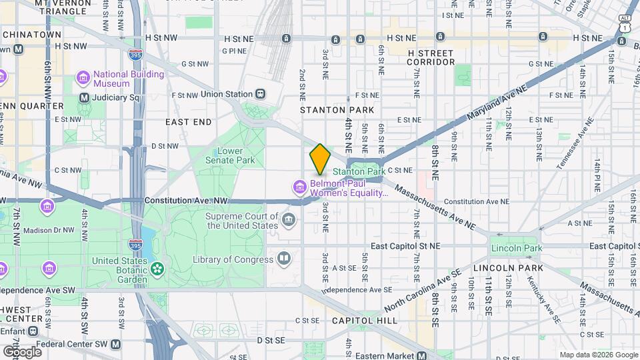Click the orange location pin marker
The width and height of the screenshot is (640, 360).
320,159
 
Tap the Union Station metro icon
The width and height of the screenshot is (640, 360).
260,95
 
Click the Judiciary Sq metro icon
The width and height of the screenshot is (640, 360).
84,98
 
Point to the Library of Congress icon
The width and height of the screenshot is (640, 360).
284,259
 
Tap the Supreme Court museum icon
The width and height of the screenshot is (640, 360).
288,220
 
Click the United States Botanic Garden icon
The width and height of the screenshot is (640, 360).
157,269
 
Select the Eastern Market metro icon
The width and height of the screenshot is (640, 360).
422,356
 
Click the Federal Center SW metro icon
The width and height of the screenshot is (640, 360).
116,345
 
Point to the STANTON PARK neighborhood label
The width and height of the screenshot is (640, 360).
337,109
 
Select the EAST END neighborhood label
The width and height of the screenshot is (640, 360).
188,122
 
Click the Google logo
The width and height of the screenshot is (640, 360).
22,351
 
